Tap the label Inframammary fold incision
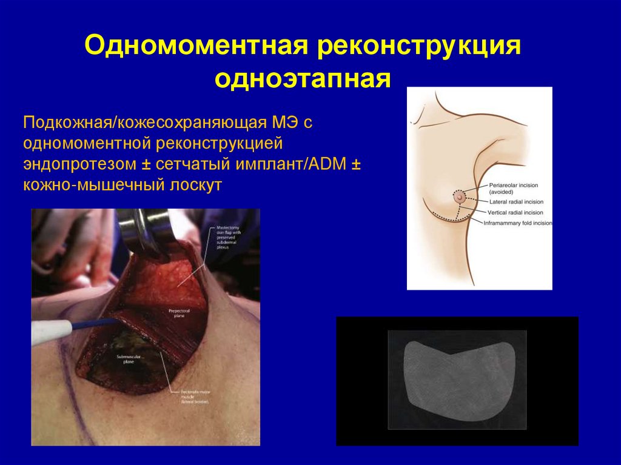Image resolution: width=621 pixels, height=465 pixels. [x=518, y=223]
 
